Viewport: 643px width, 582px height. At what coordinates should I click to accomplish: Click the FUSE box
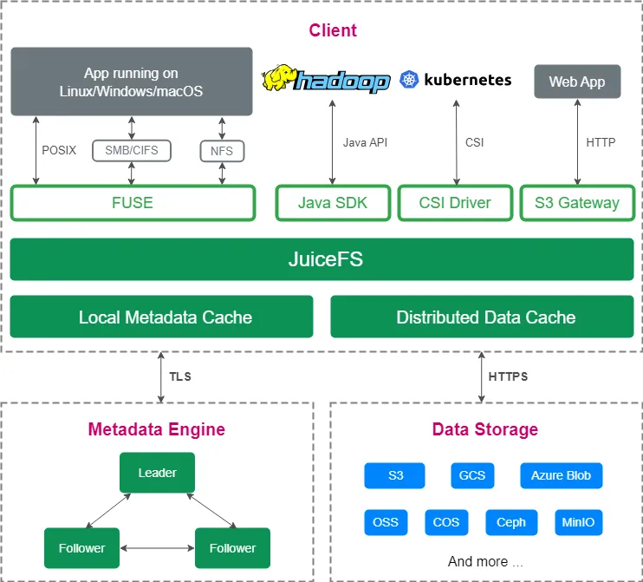click(133, 203)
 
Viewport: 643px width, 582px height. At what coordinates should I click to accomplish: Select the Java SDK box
click(333, 203)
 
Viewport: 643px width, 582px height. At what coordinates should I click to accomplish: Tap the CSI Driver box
click(455, 203)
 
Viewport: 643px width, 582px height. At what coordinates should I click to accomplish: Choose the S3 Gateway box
click(577, 203)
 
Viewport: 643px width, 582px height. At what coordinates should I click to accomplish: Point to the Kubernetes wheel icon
click(409, 81)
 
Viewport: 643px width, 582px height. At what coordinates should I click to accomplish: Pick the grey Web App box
click(577, 82)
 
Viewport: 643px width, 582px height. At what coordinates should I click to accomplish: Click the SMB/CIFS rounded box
click(131, 151)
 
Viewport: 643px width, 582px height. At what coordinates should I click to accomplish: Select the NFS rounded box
click(222, 151)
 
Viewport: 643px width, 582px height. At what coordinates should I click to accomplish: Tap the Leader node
click(157, 474)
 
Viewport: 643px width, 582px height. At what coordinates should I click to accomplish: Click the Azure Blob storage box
click(561, 475)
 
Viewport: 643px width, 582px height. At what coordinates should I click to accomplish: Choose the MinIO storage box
click(578, 522)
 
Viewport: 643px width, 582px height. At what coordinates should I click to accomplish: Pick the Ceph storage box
click(511, 522)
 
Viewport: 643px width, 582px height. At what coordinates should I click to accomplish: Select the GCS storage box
click(472, 475)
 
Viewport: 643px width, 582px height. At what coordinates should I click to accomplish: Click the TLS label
click(180, 377)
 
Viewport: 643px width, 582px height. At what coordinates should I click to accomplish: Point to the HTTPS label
click(508, 377)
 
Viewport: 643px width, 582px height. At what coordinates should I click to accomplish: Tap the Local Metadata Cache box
click(161, 317)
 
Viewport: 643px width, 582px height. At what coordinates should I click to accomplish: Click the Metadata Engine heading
click(157, 429)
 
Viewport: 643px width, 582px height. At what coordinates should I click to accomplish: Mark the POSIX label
click(59, 150)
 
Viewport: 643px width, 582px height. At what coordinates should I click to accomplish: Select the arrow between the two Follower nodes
click(157, 548)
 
